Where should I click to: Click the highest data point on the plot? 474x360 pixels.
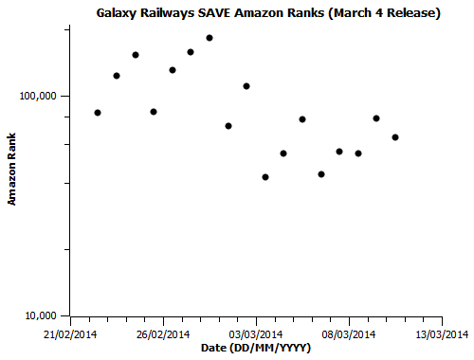[210, 38]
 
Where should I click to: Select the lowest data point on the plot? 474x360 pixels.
[265, 177]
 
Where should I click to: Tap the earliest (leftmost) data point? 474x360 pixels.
[98, 113]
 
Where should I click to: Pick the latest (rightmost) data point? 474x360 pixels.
[395, 137]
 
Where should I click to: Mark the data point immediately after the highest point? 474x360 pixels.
[228, 126]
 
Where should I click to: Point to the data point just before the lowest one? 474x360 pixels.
[246, 86]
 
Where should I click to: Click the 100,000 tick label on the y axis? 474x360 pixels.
[39, 97]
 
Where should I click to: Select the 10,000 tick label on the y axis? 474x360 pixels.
[42, 315]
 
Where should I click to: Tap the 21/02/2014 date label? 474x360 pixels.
[71, 334]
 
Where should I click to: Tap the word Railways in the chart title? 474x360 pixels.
[169, 13]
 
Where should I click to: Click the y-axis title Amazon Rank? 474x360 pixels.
[12, 171]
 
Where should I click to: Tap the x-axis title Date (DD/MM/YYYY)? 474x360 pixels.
[256, 349]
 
